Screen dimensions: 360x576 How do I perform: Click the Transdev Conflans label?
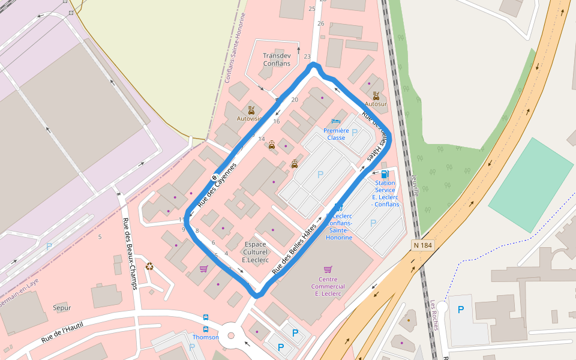coord(277,59)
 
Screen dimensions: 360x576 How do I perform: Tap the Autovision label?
coord(250,118)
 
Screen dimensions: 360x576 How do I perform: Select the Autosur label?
coord(376,104)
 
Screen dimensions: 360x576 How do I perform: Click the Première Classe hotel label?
coord(336,134)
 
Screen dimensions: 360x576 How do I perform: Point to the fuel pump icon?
coord(385,174)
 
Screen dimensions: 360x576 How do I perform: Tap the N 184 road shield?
coord(423,245)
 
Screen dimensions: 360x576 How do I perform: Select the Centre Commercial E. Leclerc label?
coord(327,287)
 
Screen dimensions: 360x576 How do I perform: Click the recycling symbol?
coord(149,266)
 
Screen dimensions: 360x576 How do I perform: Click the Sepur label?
coord(62,308)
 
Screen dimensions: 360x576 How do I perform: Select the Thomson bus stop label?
coord(205,337)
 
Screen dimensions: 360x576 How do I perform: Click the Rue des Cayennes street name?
coord(217,185)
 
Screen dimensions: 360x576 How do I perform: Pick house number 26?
coord(320,23)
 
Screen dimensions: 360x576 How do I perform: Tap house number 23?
coord(307,57)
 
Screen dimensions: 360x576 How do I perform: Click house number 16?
coord(276,122)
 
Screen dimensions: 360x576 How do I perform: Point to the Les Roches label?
coord(434,315)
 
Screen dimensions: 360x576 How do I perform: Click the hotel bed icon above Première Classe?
coord(336,122)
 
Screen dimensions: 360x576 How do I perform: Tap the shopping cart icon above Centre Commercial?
coord(328,269)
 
